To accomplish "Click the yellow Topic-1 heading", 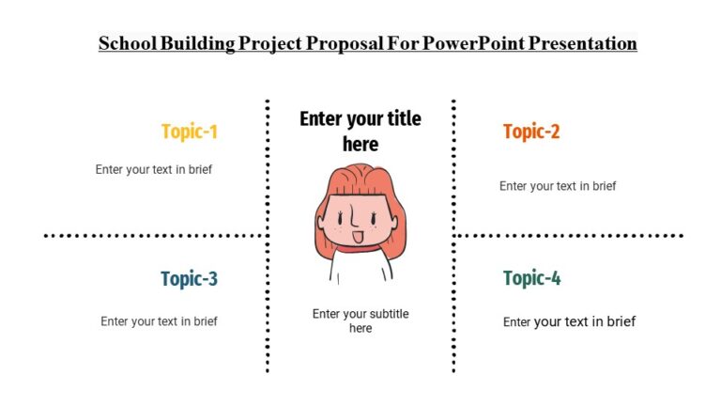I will [189, 132].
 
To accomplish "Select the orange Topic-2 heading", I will [531, 132].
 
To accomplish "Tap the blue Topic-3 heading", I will [189, 278].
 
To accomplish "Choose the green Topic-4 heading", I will [531, 278].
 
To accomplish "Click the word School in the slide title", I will [128, 44].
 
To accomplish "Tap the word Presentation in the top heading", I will [582, 44].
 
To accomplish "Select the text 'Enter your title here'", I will [360, 131].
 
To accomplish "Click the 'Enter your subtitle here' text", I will [360, 320].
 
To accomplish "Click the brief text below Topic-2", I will [558, 186].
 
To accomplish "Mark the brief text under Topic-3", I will [159, 321].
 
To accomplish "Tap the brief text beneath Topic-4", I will [569, 321].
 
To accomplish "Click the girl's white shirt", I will [361, 271].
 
